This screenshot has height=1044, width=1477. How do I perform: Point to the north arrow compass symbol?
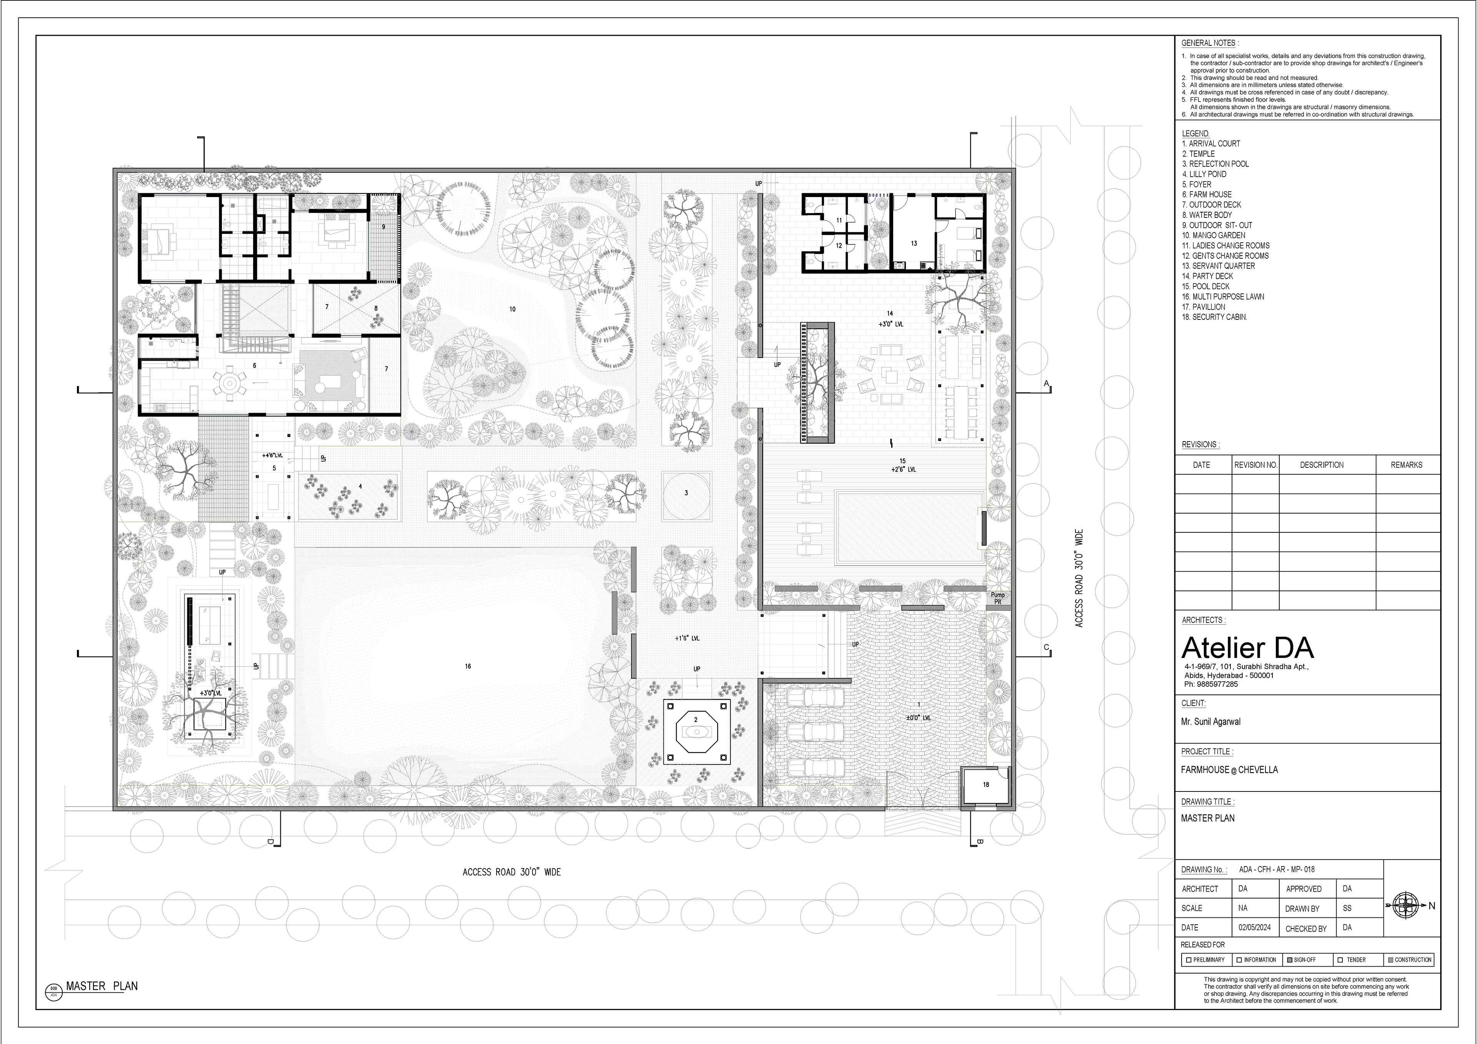1407,906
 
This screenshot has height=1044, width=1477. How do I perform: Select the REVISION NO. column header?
1255,465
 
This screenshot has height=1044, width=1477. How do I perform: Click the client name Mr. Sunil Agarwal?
1211,721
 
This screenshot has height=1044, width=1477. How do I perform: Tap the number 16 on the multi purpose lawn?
468,666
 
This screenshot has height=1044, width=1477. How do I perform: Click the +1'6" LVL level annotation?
687,639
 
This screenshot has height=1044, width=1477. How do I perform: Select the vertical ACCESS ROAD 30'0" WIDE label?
1079,578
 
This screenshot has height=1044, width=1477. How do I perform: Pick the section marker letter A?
1046,384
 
